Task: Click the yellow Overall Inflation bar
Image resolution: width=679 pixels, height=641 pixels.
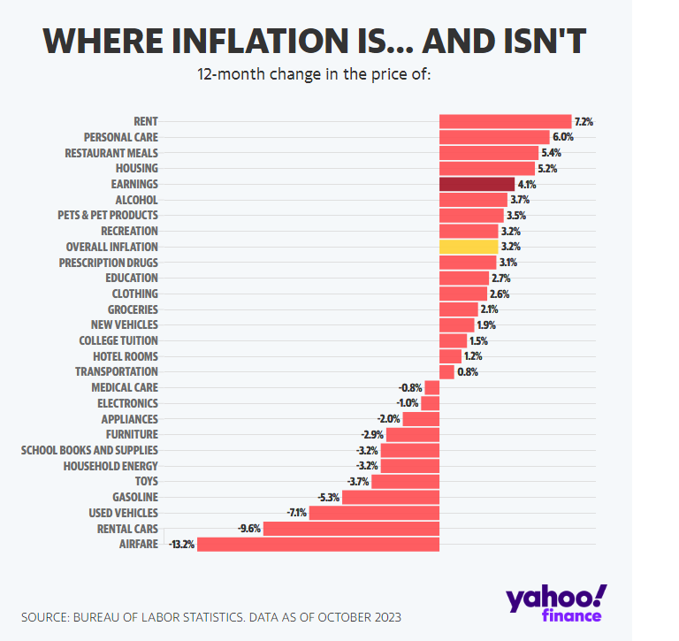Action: coord(469,247)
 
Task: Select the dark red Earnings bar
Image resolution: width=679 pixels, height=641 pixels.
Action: coord(477,184)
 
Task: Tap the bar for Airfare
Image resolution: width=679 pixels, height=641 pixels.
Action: coord(318,544)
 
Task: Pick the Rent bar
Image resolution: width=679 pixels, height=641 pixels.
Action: coord(505,121)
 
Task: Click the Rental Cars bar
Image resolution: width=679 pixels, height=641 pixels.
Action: coord(351,529)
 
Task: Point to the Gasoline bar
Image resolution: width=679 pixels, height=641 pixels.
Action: coord(390,497)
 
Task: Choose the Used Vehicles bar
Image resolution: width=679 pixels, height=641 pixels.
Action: coord(374,513)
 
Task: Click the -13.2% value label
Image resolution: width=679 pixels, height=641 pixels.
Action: coord(180,545)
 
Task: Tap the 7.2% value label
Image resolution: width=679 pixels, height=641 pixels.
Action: coord(584,121)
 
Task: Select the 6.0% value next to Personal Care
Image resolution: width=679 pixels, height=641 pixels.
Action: coord(563,137)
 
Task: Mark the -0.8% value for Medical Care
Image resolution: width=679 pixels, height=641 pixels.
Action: coord(410,387)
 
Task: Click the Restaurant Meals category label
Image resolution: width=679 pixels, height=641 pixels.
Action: coord(111,153)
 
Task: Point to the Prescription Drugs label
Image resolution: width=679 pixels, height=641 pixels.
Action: coord(109,263)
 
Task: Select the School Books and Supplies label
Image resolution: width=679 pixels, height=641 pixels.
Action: coord(89,450)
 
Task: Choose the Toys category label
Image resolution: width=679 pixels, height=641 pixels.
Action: coord(146,482)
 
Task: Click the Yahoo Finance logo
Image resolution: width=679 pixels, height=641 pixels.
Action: coord(556,603)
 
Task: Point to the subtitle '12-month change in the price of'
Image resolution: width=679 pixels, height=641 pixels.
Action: coord(314,73)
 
